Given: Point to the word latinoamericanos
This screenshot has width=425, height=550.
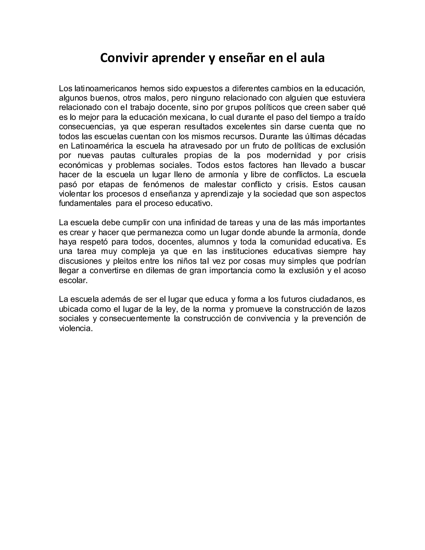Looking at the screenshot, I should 106,89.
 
